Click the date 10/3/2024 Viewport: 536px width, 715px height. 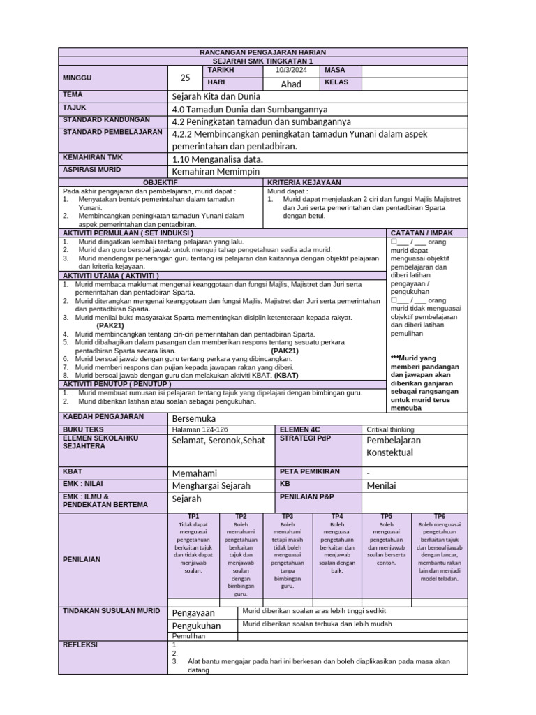[290, 71]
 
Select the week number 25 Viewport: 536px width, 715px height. [185, 78]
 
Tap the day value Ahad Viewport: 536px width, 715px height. [290, 84]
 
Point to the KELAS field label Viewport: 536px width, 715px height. [336, 83]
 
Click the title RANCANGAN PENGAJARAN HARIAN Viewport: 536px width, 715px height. [262, 53]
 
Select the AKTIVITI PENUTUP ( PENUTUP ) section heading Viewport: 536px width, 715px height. [117, 384]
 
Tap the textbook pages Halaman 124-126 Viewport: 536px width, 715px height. [200, 429]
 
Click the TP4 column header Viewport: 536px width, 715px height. [337, 516]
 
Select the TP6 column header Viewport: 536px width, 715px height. [440, 516]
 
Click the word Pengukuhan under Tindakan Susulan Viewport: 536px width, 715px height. [196, 626]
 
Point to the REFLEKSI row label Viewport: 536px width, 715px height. [80, 644]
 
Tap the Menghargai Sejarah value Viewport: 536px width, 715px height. [211, 485]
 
